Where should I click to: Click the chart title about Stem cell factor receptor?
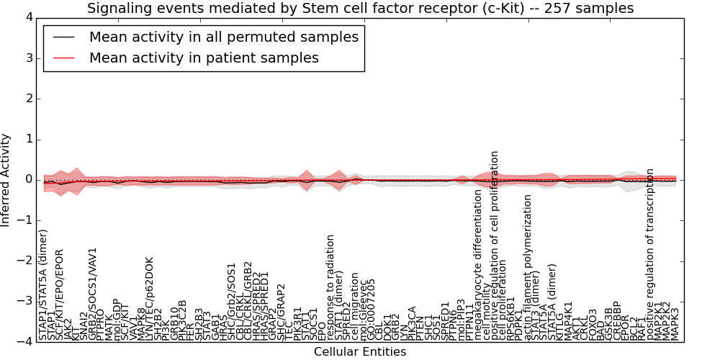coord(360,9)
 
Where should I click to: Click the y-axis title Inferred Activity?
coord(6,180)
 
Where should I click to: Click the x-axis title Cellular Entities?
coord(360,352)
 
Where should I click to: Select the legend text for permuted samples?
coord(223,37)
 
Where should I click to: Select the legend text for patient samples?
coord(204,58)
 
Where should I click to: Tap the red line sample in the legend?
coord(63,58)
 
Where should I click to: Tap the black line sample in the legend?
coord(63,37)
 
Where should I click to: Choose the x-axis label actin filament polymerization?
coord(528,267)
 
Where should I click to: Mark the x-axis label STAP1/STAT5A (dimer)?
coord(43,285)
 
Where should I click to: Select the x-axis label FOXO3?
coord(593,325)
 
